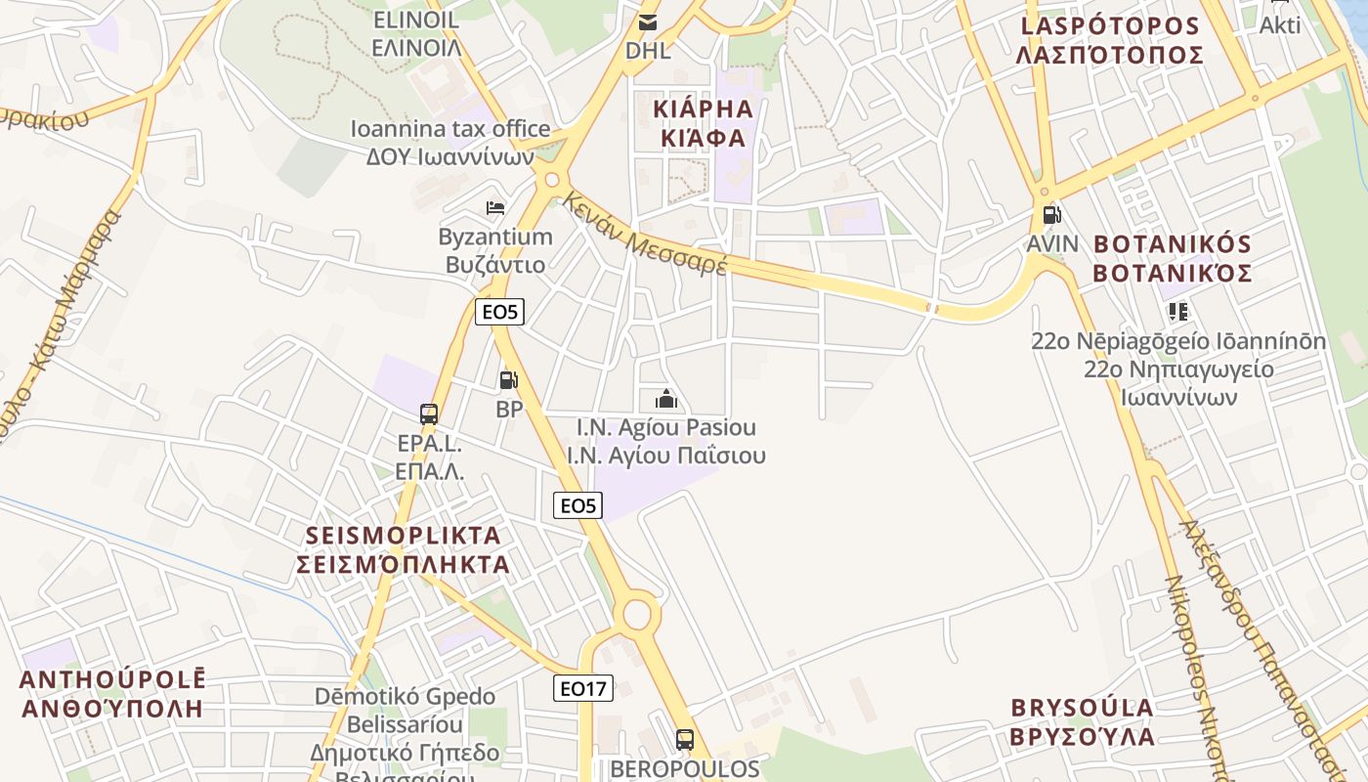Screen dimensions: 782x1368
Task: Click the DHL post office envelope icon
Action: pyautogui.click(x=647, y=22)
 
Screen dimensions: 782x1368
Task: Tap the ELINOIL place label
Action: pyautogui.click(x=416, y=33)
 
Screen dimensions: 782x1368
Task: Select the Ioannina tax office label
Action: pyautogui.click(x=450, y=142)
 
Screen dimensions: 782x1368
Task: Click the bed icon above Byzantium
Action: pyautogui.click(x=495, y=207)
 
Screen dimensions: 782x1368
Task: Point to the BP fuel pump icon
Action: pyautogui.click(x=508, y=380)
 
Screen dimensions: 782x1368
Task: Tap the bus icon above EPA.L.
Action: pyautogui.click(x=429, y=413)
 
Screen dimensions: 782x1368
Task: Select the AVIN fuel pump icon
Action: pyautogui.click(x=1051, y=215)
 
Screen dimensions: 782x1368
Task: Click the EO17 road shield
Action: pyautogui.click(x=582, y=688)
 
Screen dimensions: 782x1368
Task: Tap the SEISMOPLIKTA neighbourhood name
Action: pyautogui.click(x=404, y=549)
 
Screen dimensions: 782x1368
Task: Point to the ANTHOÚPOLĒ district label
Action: pyautogui.click(x=111, y=694)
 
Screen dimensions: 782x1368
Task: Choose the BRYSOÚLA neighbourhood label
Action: pyautogui.click(x=1083, y=721)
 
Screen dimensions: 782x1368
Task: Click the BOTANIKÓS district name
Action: pyautogui.click(x=1172, y=258)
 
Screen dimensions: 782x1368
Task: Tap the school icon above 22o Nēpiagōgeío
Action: pyautogui.click(x=1177, y=312)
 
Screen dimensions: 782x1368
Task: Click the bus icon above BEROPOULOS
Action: pyautogui.click(x=685, y=739)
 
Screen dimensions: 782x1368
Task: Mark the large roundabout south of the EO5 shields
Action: pyautogui.click(x=636, y=615)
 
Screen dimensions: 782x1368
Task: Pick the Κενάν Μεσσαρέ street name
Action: pyautogui.click(x=645, y=234)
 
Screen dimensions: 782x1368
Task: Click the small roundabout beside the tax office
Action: pyautogui.click(x=552, y=180)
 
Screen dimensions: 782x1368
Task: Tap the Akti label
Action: pyautogui.click(x=1279, y=25)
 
